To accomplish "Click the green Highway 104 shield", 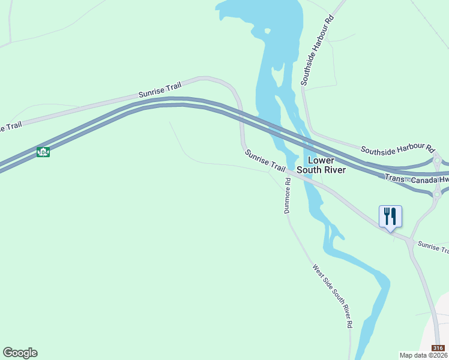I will click(43, 152).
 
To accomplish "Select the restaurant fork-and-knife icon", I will click(390, 216).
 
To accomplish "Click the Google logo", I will click(20, 353).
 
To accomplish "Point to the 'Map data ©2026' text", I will click(423, 355).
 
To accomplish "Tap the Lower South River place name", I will click(327, 165).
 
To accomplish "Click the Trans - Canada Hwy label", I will click(417, 179).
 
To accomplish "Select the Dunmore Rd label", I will click(288, 200).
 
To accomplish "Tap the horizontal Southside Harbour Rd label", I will click(397, 148).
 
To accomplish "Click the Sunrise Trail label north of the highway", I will click(160, 91).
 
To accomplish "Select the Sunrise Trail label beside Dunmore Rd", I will click(265, 161).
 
